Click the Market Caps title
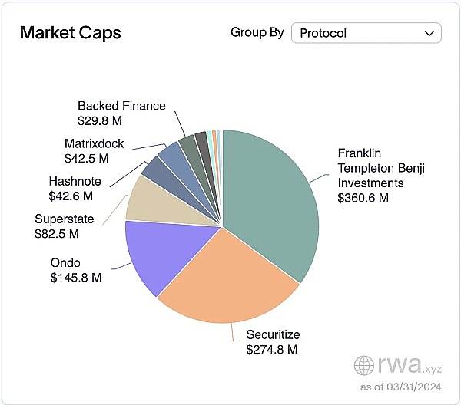click(70, 33)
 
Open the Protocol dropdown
click(366, 33)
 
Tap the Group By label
click(257, 33)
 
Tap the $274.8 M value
click(271, 350)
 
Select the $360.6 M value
click(363, 198)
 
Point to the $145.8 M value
click(76, 276)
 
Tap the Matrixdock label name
click(94, 143)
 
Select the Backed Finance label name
click(121, 106)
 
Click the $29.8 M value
click(100, 121)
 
